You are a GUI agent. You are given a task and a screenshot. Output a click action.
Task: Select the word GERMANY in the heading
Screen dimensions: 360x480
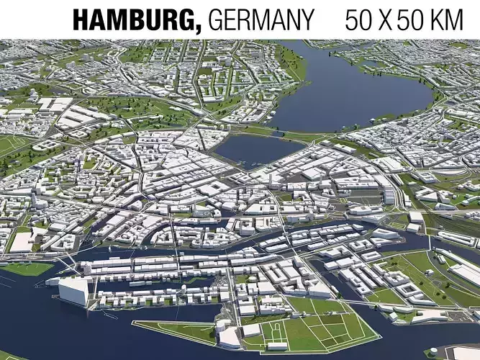tap(261, 19)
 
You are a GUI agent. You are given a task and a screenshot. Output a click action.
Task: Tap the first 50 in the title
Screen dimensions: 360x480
tap(361, 19)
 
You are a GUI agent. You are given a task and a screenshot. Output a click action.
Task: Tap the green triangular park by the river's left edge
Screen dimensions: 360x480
tap(25, 269)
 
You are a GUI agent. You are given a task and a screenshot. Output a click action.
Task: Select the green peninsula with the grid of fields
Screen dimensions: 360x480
tap(317, 328)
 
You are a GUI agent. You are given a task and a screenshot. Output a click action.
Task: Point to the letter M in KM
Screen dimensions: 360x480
tap(461, 19)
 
